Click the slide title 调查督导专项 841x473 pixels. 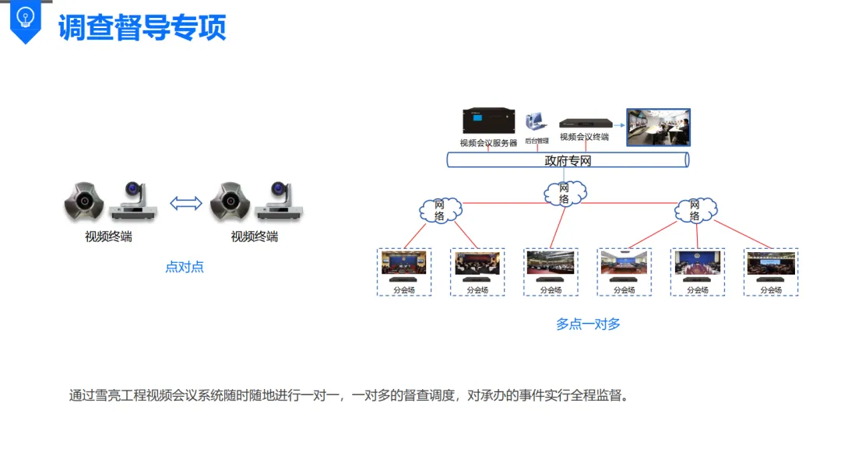pos(142,27)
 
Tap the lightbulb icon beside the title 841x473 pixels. pos(26,17)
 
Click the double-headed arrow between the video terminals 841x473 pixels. pos(186,203)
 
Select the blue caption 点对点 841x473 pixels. pos(185,267)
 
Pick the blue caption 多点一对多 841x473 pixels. pos(588,324)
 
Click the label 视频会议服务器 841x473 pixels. pos(488,143)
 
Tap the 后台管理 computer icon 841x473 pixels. pos(536,122)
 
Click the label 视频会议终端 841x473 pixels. pos(584,137)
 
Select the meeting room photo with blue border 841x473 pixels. pos(658,128)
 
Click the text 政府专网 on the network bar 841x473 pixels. pos(568,161)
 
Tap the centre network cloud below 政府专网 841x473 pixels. pos(565,193)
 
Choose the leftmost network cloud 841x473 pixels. pos(440,210)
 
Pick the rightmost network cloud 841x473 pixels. pos(695,210)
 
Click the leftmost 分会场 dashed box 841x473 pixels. pos(404,272)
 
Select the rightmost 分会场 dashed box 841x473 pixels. pos(771,272)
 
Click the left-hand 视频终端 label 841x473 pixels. pos(108,236)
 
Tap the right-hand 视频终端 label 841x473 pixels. pos(255,236)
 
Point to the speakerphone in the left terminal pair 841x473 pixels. pos(84,202)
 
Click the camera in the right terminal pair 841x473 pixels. pos(280,200)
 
